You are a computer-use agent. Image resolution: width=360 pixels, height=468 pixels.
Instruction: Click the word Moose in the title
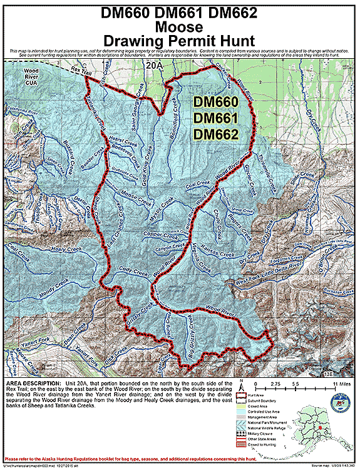click(x=180, y=27)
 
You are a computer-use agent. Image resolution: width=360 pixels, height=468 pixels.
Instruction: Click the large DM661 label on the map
click(x=215, y=118)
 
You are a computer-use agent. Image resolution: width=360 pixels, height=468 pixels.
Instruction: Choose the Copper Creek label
click(x=162, y=236)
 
